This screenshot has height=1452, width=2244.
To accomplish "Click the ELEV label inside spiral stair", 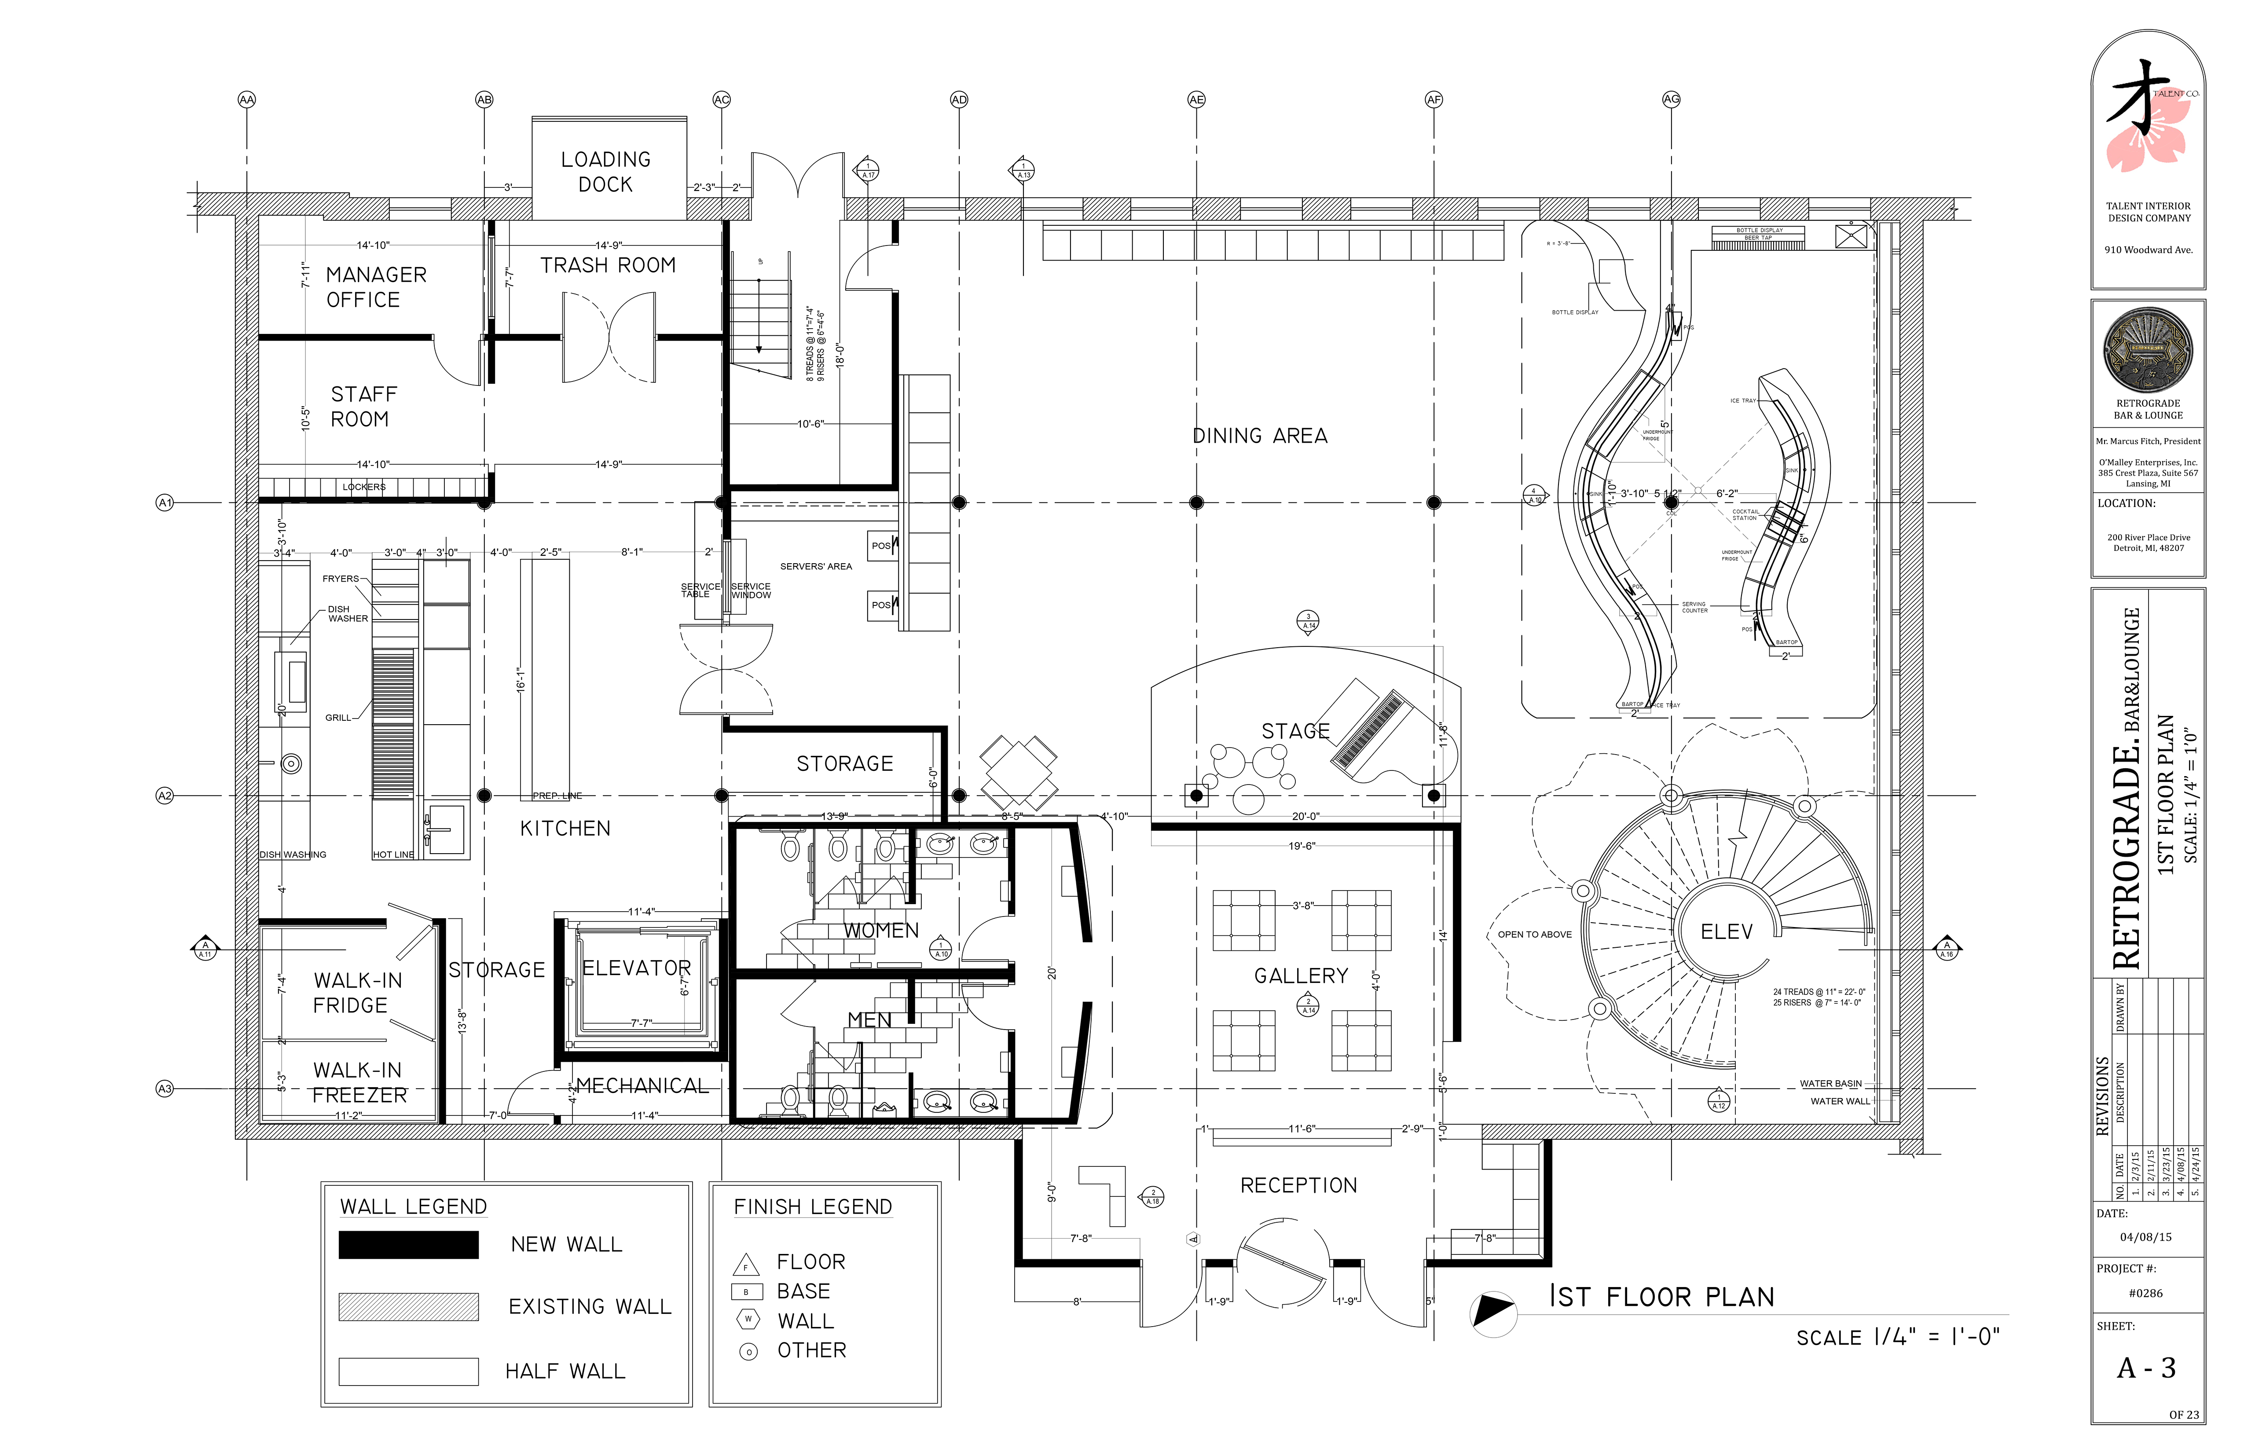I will click(1727, 931).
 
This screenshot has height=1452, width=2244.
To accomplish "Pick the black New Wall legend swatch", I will click(408, 1245).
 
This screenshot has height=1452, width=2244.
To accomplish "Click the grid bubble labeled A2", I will click(165, 796).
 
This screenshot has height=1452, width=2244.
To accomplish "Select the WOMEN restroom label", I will click(880, 931).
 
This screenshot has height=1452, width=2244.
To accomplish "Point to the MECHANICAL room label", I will click(642, 1086).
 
